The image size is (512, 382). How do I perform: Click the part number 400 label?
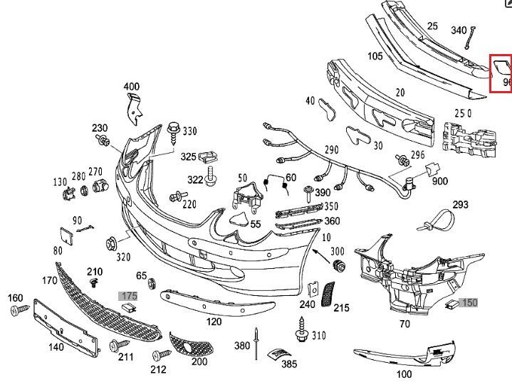pyautogui.click(x=131, y=87)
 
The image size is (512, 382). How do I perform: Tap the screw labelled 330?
pyautogui.click(x=174, y=131)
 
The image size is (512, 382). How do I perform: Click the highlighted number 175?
pyautogui.click(x=128, y=295)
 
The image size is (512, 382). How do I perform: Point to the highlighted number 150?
pyautogui.click(x=469, y=302)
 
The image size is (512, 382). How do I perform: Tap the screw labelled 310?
pyautogui.click(x=300, y=333)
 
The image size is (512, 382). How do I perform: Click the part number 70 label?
pyautogui.click(x=404, y=324)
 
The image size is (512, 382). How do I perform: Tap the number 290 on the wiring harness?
pyautogui.click(x=332, y=150)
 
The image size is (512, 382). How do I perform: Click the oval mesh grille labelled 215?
pyautogui.click(x=328, y=293)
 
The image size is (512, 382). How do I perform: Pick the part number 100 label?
pyautogui.click(x=404, y=373)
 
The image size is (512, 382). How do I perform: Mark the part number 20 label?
pyautogui.click(x=400, y=92)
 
